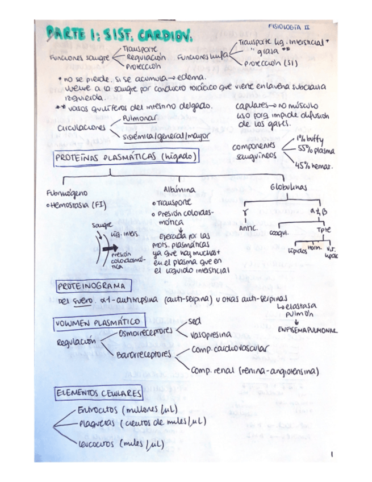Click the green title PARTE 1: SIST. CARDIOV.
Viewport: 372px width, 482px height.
pos(120,36)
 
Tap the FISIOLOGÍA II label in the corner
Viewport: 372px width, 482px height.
pos(289,27)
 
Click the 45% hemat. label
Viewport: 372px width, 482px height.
pos(314,166)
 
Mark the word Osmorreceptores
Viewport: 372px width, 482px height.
pos(144,331)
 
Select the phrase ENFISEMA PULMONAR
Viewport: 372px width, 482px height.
pos(307,330)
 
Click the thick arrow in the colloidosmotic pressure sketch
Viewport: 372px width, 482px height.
pos(110,248)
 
